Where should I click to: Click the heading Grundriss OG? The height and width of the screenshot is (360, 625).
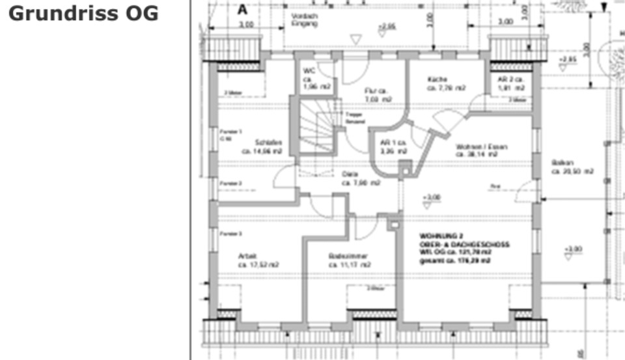84,14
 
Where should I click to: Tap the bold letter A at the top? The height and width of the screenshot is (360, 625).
243,10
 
